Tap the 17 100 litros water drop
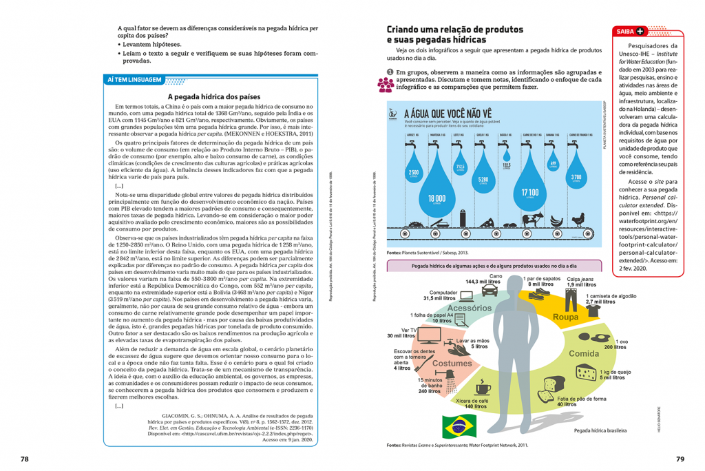click(529, 186)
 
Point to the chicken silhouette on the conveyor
click(578, 220)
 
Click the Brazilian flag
click(455, 426)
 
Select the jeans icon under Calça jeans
click(571, 297)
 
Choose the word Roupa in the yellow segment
click(566, 317)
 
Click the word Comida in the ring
click(584, 353)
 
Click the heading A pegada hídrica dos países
click(214, 97)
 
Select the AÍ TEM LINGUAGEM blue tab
click(134, 81)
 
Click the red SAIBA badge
click(630, 31)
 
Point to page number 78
click(24, 459)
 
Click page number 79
click(680, 459)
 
